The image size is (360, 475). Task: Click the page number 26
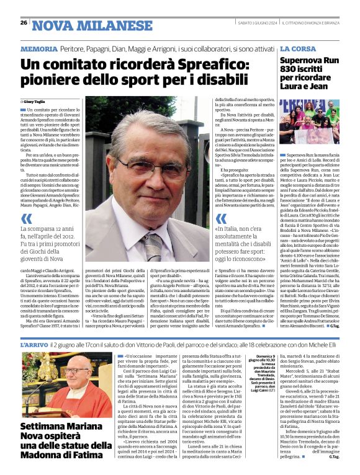(23, 22)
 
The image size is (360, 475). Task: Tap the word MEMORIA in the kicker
(39, 48)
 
